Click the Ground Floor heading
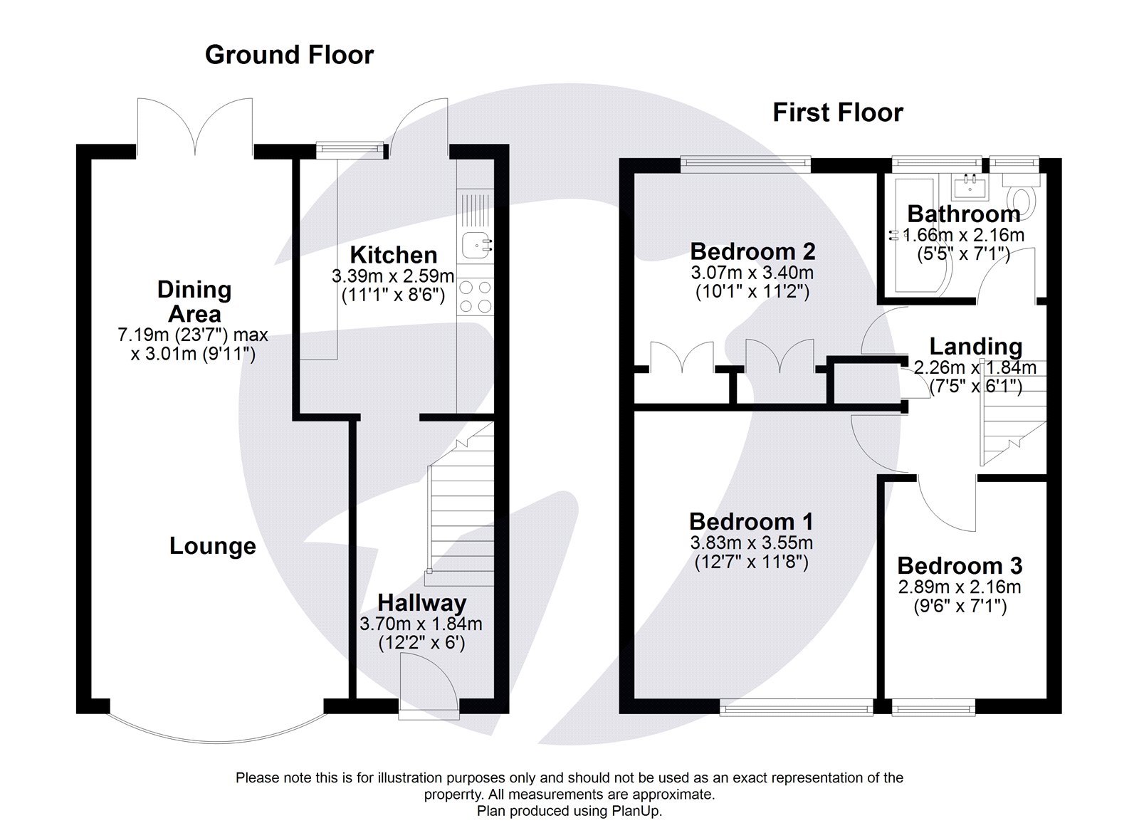(x=289, y=55)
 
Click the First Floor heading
(x=838, y=112)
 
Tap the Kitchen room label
(x=393, y=255)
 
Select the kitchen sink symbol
(x=474, y=246)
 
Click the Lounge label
(x=212, y=546)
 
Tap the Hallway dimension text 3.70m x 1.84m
(x=421, y=624)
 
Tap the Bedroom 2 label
(x=752, y=251)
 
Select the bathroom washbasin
(x=971, y=187)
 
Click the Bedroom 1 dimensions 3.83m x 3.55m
(x=751, y=543)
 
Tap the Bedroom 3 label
(x=959, y=566)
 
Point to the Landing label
(x=976, y=347)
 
